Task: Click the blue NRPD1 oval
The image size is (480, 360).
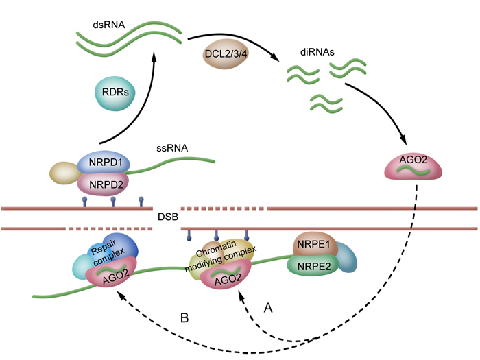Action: tap(104, 164)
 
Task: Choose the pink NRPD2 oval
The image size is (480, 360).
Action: tap(104, 183)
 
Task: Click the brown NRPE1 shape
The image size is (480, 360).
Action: tap(313, 243)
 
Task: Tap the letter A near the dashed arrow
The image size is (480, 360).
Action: tap(268, 309)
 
